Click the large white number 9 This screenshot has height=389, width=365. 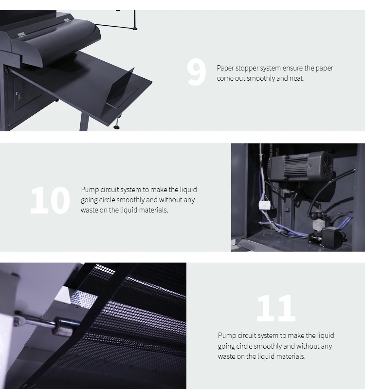(x=196, y=72)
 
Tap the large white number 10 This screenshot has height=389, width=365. (x=50, y=200)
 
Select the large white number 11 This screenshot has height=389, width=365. (x=276, y=308)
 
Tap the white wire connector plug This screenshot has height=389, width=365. (x=265, y=205)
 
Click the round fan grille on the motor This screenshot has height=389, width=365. (x=328, y=165)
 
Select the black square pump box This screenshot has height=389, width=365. (x=331, y=234)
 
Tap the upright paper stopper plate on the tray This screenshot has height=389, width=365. (x=120, y=87)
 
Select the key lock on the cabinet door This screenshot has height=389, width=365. (x=18, y=94)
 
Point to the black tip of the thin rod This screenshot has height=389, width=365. (x=135, y=29)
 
